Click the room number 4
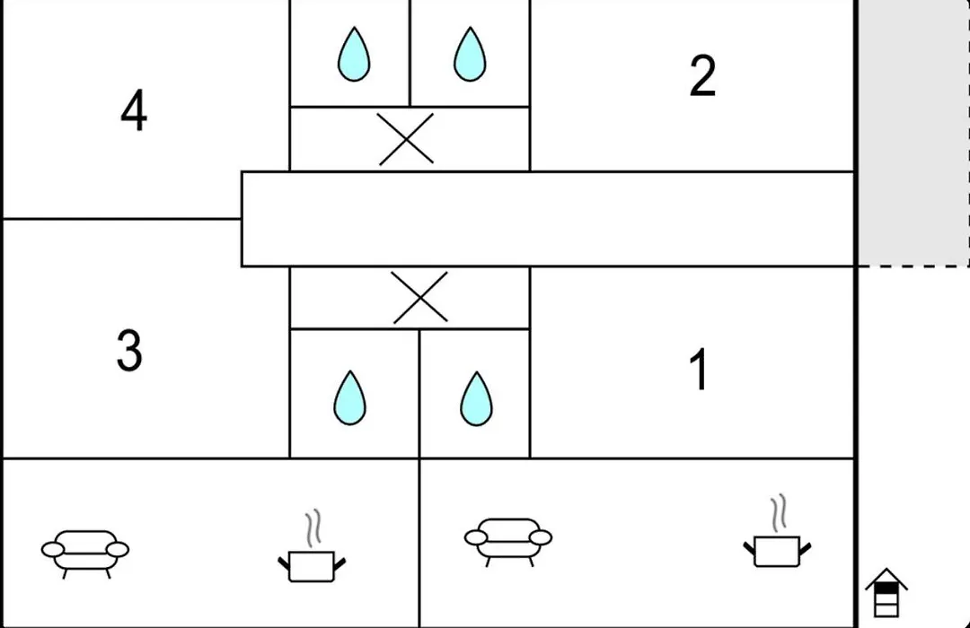click(134, 110)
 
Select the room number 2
click(702, 75)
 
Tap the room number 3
click(129, 350)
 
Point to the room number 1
click(699, 369)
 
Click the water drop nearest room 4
click(354, 55)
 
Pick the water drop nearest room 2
click(470, 55)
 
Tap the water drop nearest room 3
click(349, 398)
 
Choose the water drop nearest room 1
click(476, 398)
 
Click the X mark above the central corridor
click(406, 139)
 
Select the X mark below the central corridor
click(420, 297)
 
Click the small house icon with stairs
click(886, 592)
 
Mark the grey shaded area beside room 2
click(913, 133)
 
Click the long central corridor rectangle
click(548, 219)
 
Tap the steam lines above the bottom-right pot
click(779, 512)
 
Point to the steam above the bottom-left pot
click(313, 528)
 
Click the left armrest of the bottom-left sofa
click(53, 549)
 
